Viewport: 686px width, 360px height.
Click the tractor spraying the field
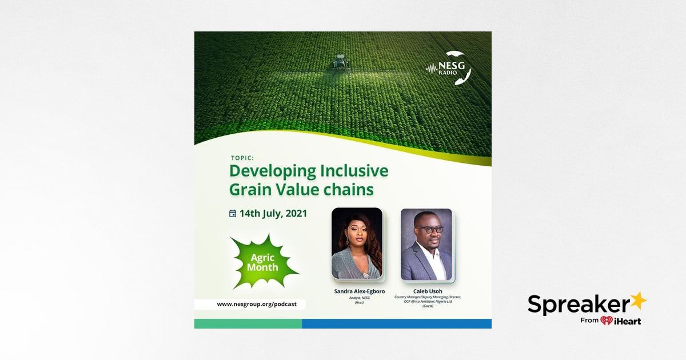[x=340, y=61]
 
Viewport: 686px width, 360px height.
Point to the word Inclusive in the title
[x=354, y=171]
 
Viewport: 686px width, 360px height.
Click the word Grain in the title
[x=249, y=189]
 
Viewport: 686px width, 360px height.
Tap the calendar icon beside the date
[x=233, y=214]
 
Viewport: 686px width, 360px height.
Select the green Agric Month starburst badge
[x=263, y=262]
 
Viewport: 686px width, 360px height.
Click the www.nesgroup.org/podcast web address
[x=257, y=304]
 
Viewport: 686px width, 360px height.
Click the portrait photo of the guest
[x=426, y=244]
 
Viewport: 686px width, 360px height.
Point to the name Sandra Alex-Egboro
[x=359, y=291]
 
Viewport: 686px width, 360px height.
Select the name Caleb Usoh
[x=428, y=291]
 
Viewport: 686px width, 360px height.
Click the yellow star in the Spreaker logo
[x=637, y=300]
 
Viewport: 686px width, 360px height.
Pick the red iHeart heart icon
[x=607, y=321]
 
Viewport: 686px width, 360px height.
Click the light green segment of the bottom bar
[x=248, y=323]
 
